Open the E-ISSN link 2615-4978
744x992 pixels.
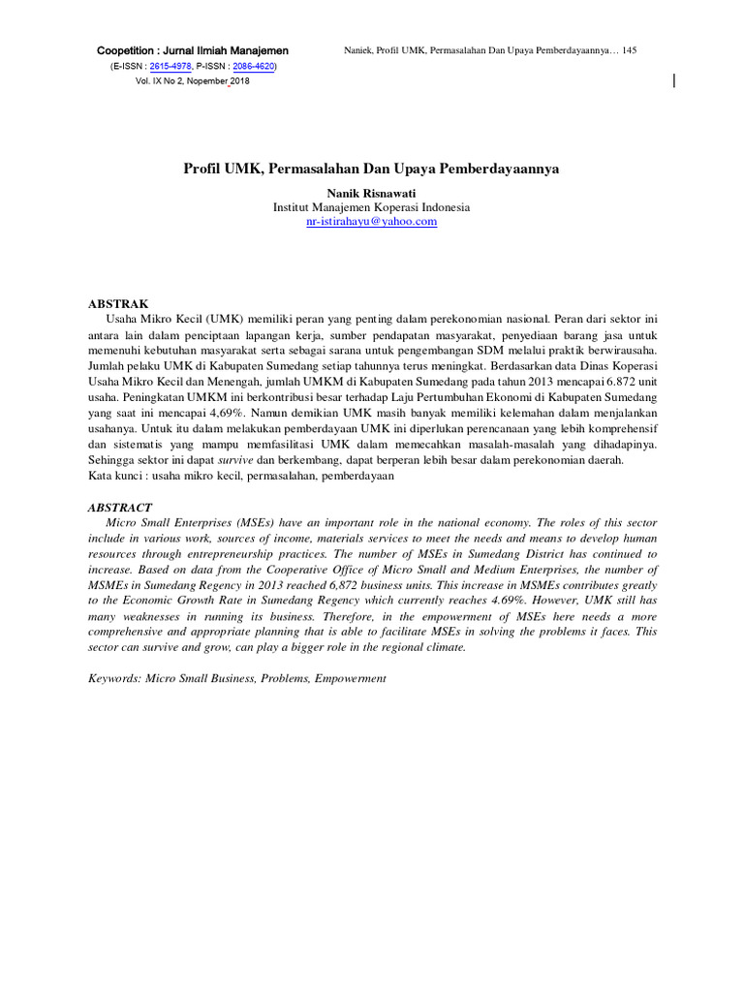click(x=170, y=66)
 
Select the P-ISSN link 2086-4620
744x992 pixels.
click(x=253, y=66)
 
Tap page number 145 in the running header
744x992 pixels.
click(x=629, y=49)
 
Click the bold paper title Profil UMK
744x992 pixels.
click(x=371, y=169)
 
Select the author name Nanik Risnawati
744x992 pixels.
click(x=371, y=194)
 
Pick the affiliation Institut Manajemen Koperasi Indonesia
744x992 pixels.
click(x=371, y=207)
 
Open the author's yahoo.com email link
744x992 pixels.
click(x=371, y=222)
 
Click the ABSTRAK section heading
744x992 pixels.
click(x=118, y=303)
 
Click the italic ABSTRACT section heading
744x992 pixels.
click(x=120, y=508)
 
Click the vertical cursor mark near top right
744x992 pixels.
click(x=674, y=81)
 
